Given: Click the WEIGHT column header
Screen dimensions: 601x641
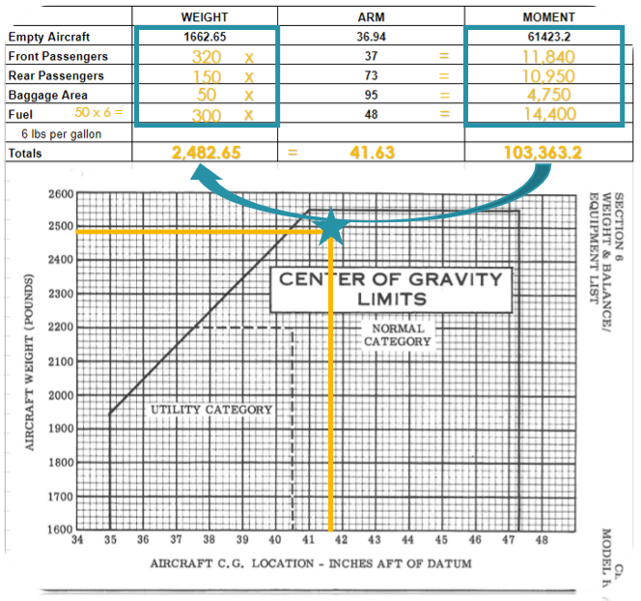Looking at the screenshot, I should (206, 16).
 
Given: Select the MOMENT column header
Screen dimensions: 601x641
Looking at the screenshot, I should (547, 16).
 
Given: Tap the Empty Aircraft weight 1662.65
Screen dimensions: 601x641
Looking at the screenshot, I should (206, 37).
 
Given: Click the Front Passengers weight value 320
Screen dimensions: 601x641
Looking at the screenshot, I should (206, 57).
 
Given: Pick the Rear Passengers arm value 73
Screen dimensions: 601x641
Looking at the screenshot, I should (370, 75).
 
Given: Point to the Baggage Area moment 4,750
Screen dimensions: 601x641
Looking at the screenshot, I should (547, 95).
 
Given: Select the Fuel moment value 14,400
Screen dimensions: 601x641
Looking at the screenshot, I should (547, 115).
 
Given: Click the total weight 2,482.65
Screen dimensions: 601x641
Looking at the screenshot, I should (206, 153).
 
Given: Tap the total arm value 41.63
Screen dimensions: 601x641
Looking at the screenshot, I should (370, 153).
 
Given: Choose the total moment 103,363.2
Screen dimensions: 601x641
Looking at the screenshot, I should (547, 153).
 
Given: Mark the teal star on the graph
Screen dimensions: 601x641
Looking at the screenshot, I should (332, 227).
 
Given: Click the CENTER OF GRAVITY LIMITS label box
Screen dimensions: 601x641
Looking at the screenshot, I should (390, 289).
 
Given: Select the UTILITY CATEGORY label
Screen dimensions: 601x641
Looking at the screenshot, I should (211, 410).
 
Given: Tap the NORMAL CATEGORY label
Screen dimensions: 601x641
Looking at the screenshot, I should (399, 334).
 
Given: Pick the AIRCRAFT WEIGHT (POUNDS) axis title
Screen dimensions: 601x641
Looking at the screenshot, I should (30, 360).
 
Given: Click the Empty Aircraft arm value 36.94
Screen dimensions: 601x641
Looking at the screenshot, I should (370, 37).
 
